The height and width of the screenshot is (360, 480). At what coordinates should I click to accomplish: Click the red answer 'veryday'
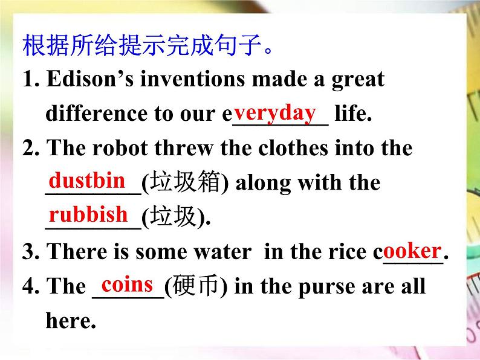(275, 112)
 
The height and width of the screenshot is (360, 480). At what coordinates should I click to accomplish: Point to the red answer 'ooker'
(412, 250)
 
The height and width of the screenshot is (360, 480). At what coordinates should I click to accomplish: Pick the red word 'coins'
(128, 283)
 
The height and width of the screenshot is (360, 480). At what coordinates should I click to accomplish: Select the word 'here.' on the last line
(71, 320)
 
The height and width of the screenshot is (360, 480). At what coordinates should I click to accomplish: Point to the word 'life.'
(353, 114)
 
